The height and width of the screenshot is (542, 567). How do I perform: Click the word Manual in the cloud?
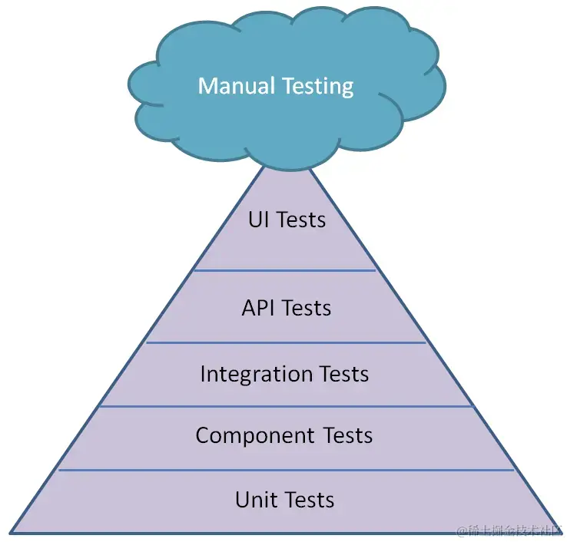tap(232, 85)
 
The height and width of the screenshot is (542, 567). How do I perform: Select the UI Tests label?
tap(287, 220)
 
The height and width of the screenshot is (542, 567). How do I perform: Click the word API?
tap(259, 308)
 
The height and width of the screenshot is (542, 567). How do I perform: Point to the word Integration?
tap(246, 375)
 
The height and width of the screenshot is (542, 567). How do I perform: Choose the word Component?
tap(251, 436)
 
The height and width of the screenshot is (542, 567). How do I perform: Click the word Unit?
tap(255, 500)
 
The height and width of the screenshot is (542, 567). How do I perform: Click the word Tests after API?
tap(307, 308)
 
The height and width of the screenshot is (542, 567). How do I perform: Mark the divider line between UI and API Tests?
tap(285, 270)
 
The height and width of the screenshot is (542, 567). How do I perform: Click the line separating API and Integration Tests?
tap(285, 342)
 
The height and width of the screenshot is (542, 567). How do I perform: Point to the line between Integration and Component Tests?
tap(285, 406)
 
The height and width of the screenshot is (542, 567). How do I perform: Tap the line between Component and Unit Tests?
tap(285, 470)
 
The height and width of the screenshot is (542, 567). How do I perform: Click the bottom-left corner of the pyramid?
tap(12, 532)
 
